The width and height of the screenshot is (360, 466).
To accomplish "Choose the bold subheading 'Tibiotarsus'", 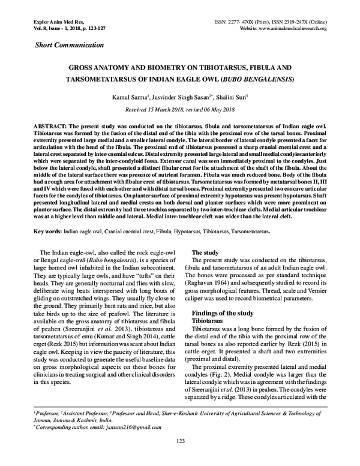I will pos(207,321).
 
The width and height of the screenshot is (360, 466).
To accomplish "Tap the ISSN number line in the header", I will pos(270,21).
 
